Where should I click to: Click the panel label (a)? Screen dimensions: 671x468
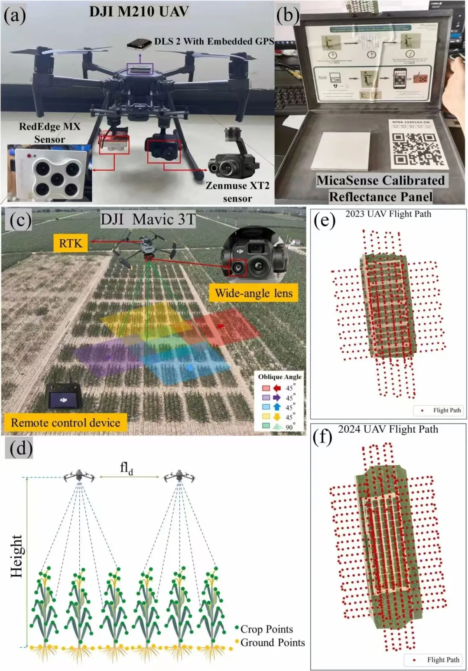pos(15,16)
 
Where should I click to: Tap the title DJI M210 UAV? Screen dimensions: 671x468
pos(139,11)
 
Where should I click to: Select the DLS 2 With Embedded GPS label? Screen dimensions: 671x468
pos(214,42)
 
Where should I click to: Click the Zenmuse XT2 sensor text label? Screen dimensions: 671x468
pos(237,192)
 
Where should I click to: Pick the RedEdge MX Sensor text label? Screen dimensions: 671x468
pos(49,133)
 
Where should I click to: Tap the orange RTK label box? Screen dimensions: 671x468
pos(71,243)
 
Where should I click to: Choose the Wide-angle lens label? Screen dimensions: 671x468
pos(254,293)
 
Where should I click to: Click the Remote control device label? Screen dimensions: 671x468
pos(65,423)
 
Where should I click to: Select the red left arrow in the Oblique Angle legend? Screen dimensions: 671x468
pos(277,388)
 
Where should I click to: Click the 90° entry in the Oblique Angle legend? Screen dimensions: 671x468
pos(289,427)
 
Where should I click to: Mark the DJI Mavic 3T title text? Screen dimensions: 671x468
pos(148,219)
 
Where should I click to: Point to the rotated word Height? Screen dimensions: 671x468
pos(16,556)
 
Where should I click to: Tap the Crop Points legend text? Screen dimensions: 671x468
pos(266,629)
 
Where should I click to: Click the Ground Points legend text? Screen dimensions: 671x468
pos(273,642)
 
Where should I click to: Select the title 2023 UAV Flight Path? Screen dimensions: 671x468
pos(388,214)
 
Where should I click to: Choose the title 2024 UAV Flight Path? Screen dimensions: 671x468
pos(388,429)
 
